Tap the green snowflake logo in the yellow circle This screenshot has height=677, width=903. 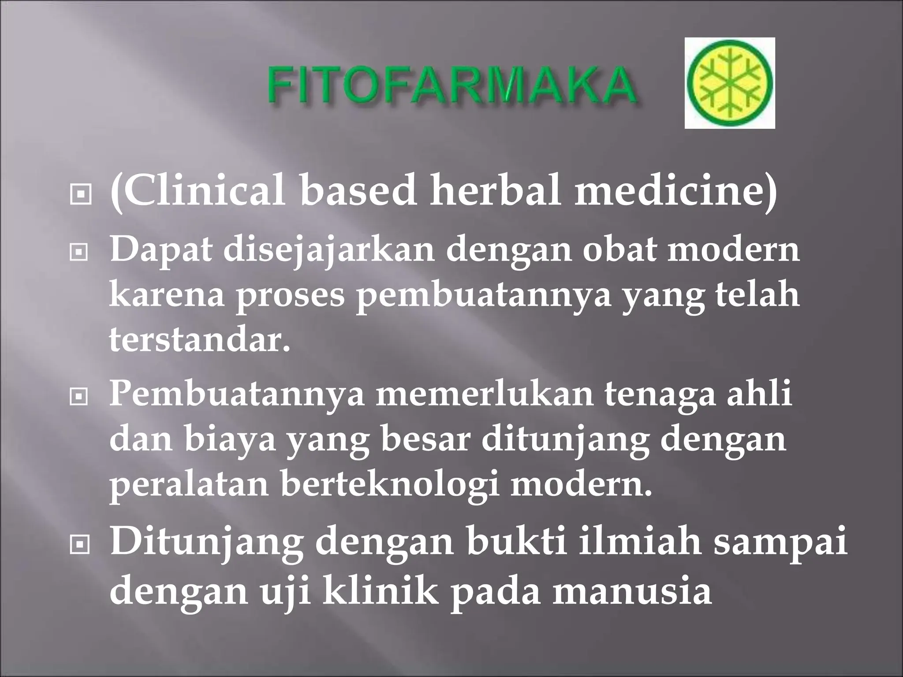[729, 82]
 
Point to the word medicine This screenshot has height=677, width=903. [675, 192]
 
